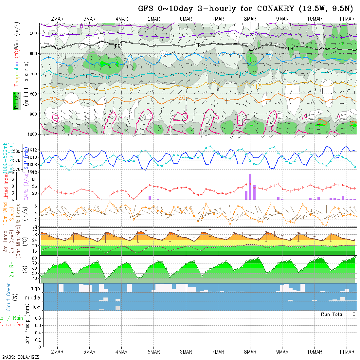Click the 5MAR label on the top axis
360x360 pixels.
pos(153,19)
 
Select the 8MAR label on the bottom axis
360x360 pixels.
pos(250,352)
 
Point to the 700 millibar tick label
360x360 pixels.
pos(34,74)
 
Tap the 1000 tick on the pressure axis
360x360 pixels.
pos(33,134)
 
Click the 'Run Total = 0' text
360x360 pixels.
pos(338,314)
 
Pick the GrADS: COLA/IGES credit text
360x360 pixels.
pos(20,357)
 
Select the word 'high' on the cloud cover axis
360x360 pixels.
pos(35,288)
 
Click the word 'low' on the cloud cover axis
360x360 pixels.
pos(36,307)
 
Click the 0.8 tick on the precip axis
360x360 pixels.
pos(37,318)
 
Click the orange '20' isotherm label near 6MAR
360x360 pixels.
pos(182,98)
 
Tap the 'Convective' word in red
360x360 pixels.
pos(11,325)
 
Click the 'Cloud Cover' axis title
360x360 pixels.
pos(9,297)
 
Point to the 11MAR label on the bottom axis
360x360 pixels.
pos(347,352)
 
